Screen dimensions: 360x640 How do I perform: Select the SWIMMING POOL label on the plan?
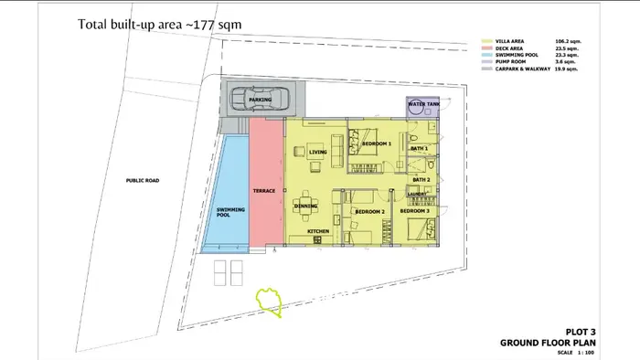[229, 213]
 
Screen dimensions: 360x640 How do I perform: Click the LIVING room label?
[318, 153]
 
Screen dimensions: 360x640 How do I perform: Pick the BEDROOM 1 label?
[377, 144]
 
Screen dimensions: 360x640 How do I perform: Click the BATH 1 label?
[419, 148]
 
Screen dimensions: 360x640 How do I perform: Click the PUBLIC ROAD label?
[143, 181]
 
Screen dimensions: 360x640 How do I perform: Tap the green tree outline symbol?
[269, 302]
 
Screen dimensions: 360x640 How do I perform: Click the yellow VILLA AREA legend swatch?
[488, 42]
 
